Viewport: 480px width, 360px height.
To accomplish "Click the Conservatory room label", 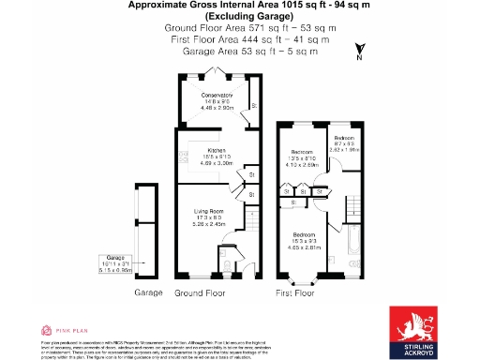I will (217, 96).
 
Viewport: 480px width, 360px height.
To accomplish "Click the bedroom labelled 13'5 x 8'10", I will (301, 152).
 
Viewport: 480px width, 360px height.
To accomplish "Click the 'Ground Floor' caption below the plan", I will (202, 292).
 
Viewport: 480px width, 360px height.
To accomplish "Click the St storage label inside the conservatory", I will (254, 105).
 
